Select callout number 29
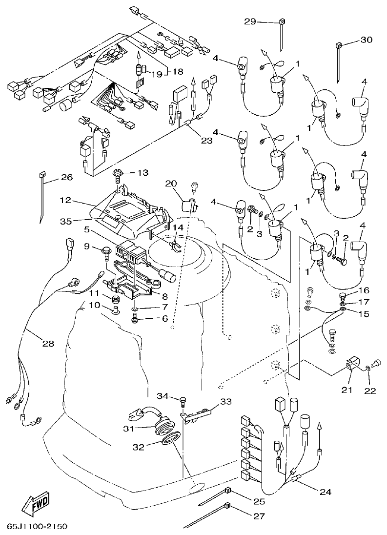point(250,22)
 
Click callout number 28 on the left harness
point(47,344)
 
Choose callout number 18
point(177,71)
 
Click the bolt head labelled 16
point(343,296)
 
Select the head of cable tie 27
point(226,506)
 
